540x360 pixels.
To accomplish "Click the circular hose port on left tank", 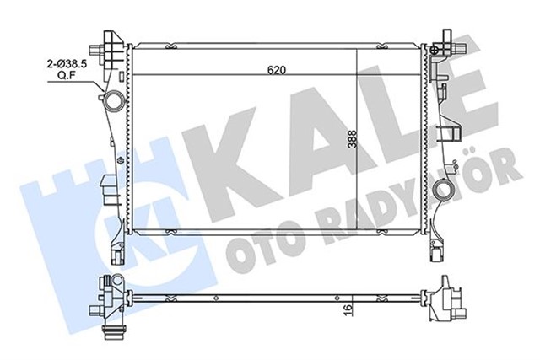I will click(x=111, y=102).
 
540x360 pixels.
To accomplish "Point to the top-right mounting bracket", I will click(x=445, y=42).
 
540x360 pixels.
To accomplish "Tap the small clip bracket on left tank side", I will click(x=104, y=184).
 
